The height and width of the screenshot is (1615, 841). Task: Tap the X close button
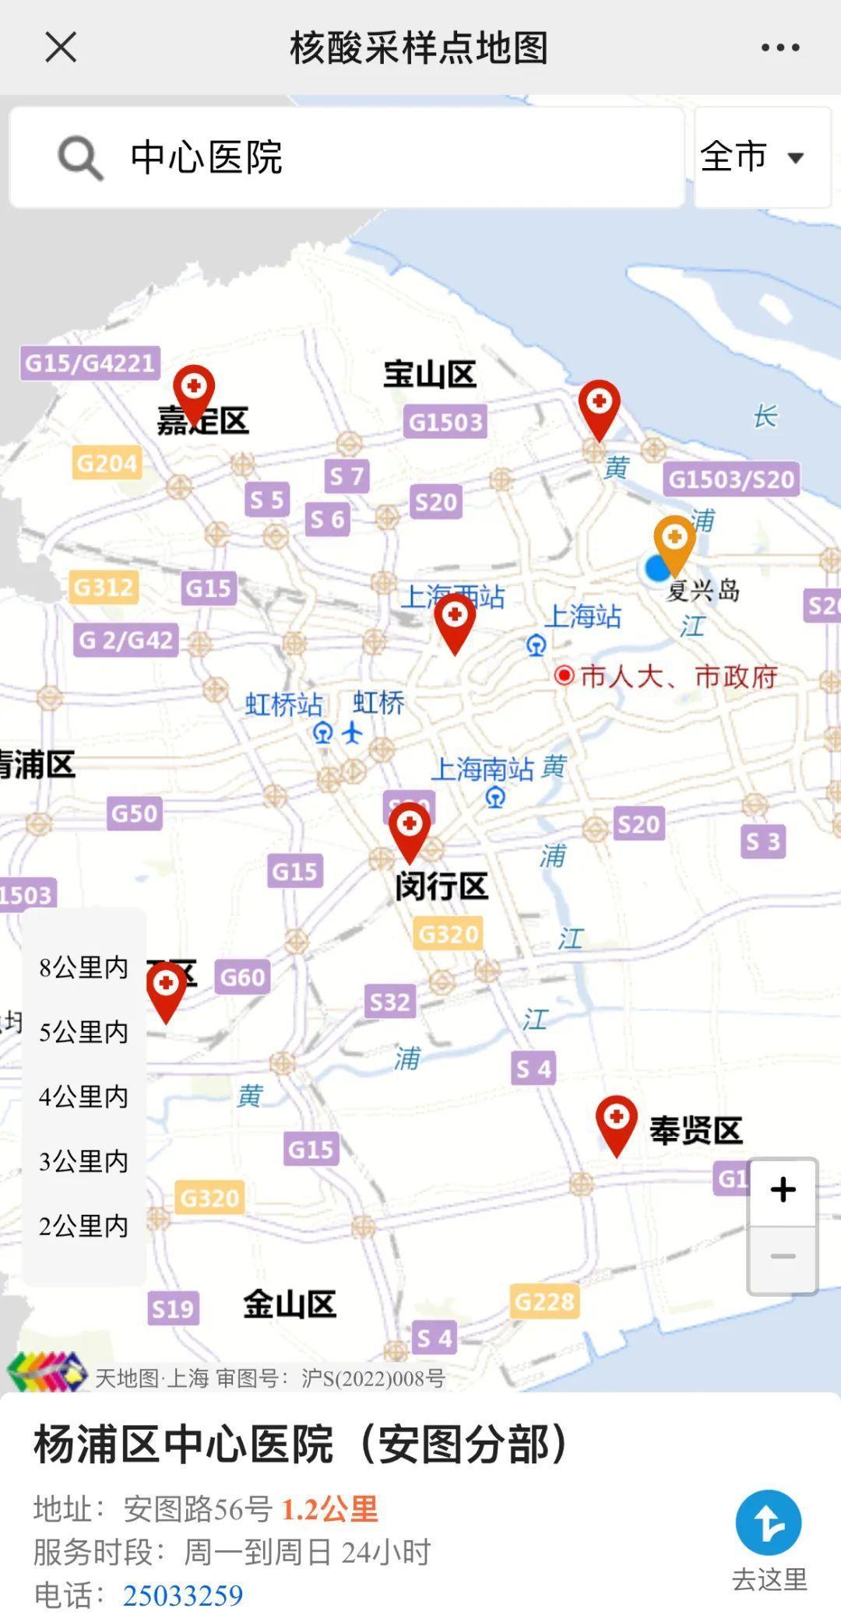(x=61, y=47)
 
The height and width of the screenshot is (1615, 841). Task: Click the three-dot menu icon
(x=780, y=47)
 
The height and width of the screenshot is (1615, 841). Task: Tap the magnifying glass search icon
(x=79, y=158)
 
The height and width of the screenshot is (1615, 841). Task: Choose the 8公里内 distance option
(x=83, y=967)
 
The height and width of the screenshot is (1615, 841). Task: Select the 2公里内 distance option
(x=83, y=1226)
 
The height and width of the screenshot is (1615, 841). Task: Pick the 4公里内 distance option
(x=83, y=1097)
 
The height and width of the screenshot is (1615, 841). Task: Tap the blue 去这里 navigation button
(x=769, y=1523)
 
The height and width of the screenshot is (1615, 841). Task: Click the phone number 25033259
(x=183, y=1595)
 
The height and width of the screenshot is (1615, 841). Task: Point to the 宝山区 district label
(x=429, y=375)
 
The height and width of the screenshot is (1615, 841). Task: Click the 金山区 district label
(x=290, y=1304)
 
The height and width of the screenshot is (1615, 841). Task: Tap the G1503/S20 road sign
(x=731, y=479)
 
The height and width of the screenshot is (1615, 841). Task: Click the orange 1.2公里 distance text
(x=329, y=1509)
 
